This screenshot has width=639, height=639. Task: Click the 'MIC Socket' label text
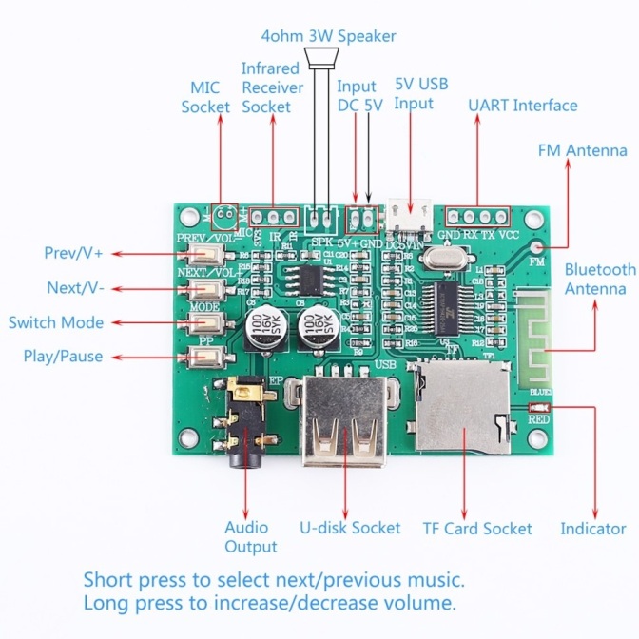pos(205,97)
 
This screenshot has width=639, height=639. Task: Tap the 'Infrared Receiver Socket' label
pos(272,87)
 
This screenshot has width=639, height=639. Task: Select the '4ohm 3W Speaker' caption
pos(328,36)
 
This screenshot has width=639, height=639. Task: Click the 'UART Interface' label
pos(522,105)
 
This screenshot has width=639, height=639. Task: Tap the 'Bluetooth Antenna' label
pos(599,280)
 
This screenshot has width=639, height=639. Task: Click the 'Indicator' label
pos(592,529)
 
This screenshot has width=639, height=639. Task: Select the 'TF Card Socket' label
pos(477,529)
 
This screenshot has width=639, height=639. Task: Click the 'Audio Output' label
pos(250,536)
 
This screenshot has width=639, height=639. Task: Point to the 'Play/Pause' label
pos(63,357)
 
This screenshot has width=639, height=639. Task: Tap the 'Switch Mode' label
pos(56,322)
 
